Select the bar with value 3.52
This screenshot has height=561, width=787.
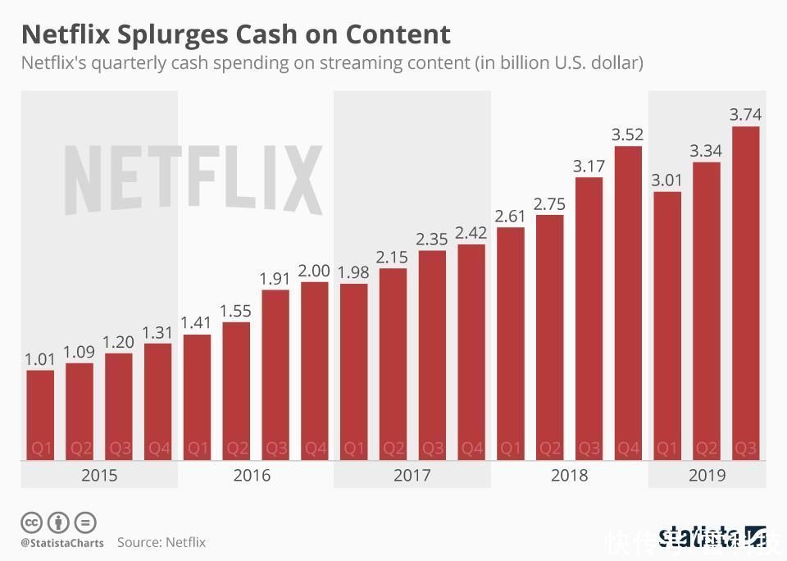[628, 303]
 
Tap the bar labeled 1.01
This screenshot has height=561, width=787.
[40, 415]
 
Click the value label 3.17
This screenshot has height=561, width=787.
[589, 166]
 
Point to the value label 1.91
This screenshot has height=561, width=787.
[275, 279]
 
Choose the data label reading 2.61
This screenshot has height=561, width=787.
[511, 217]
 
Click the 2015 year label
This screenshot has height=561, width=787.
[99, 476]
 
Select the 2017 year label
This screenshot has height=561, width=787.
[412, 476]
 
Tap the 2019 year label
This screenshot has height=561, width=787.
[707, 476]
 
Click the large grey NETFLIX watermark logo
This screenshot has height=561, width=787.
[193, 180]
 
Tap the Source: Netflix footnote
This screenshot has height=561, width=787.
[161, 542]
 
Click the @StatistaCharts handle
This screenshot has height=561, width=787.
[62, 543]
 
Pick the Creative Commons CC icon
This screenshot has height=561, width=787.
[32, 522]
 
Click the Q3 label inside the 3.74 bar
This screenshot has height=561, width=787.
[745, 449]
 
